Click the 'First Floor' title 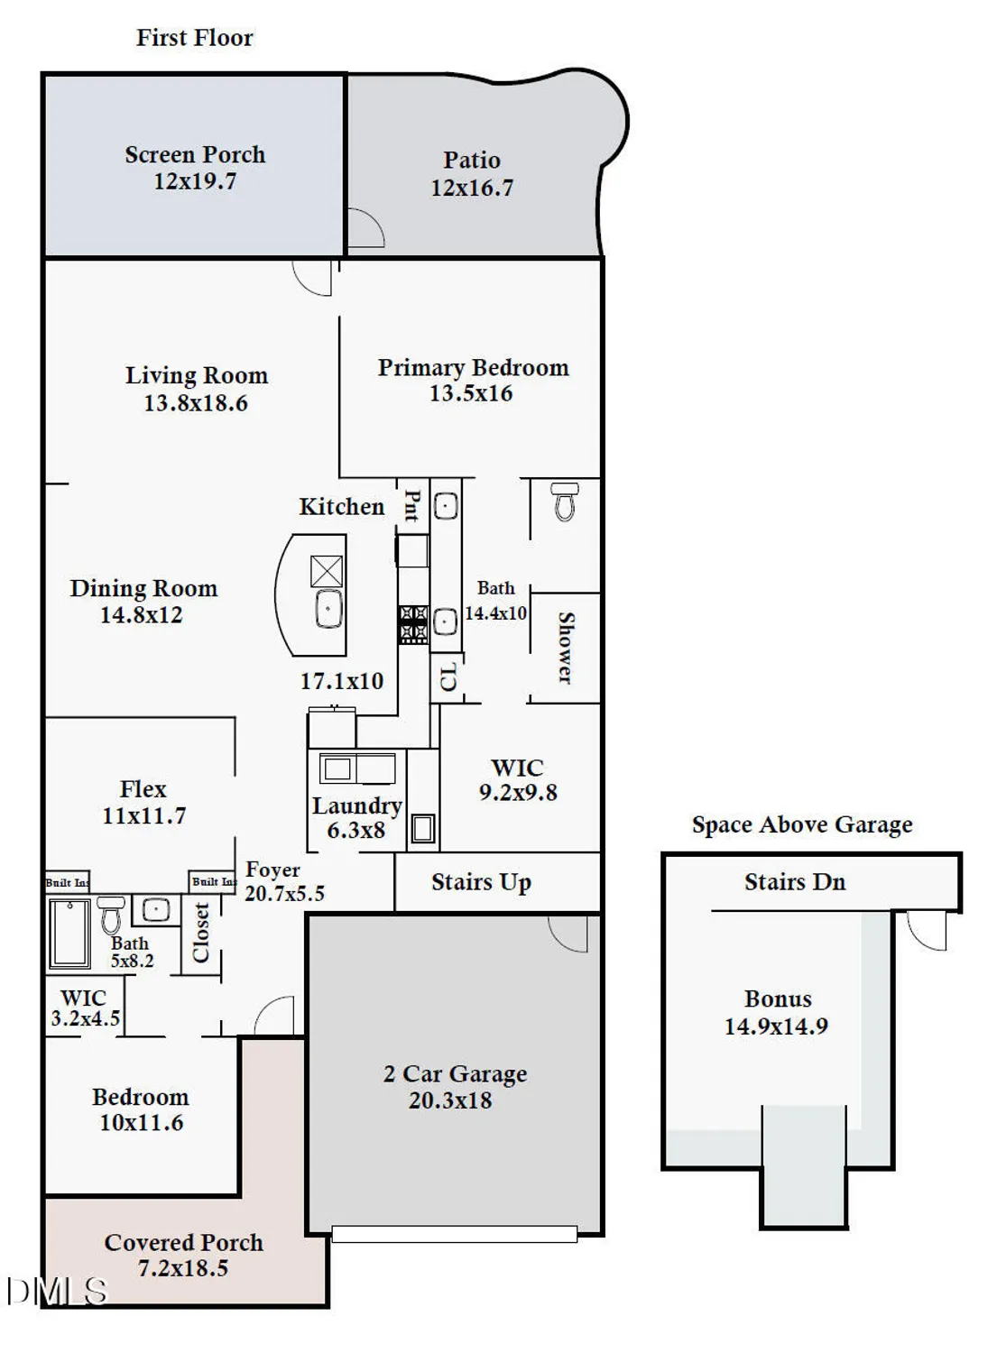(194, 38)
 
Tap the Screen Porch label (195, 155)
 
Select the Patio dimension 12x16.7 (471, 188)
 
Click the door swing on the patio (365, 228)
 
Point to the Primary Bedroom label (473, 368)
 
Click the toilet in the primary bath (565, 502)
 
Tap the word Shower (566, 647)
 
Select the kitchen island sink (328, 609)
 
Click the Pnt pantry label (411, 506)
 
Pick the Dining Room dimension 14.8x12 (142, 615)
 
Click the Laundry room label (356, 805)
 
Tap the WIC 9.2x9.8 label (518, 780)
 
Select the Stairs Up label (481, 882)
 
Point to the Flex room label (143, 789)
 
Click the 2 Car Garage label (455, 1074)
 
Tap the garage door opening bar (454, 1234)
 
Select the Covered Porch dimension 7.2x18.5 (183, 1268)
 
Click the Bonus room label (778, 999)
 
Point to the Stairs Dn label (795, 882)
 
